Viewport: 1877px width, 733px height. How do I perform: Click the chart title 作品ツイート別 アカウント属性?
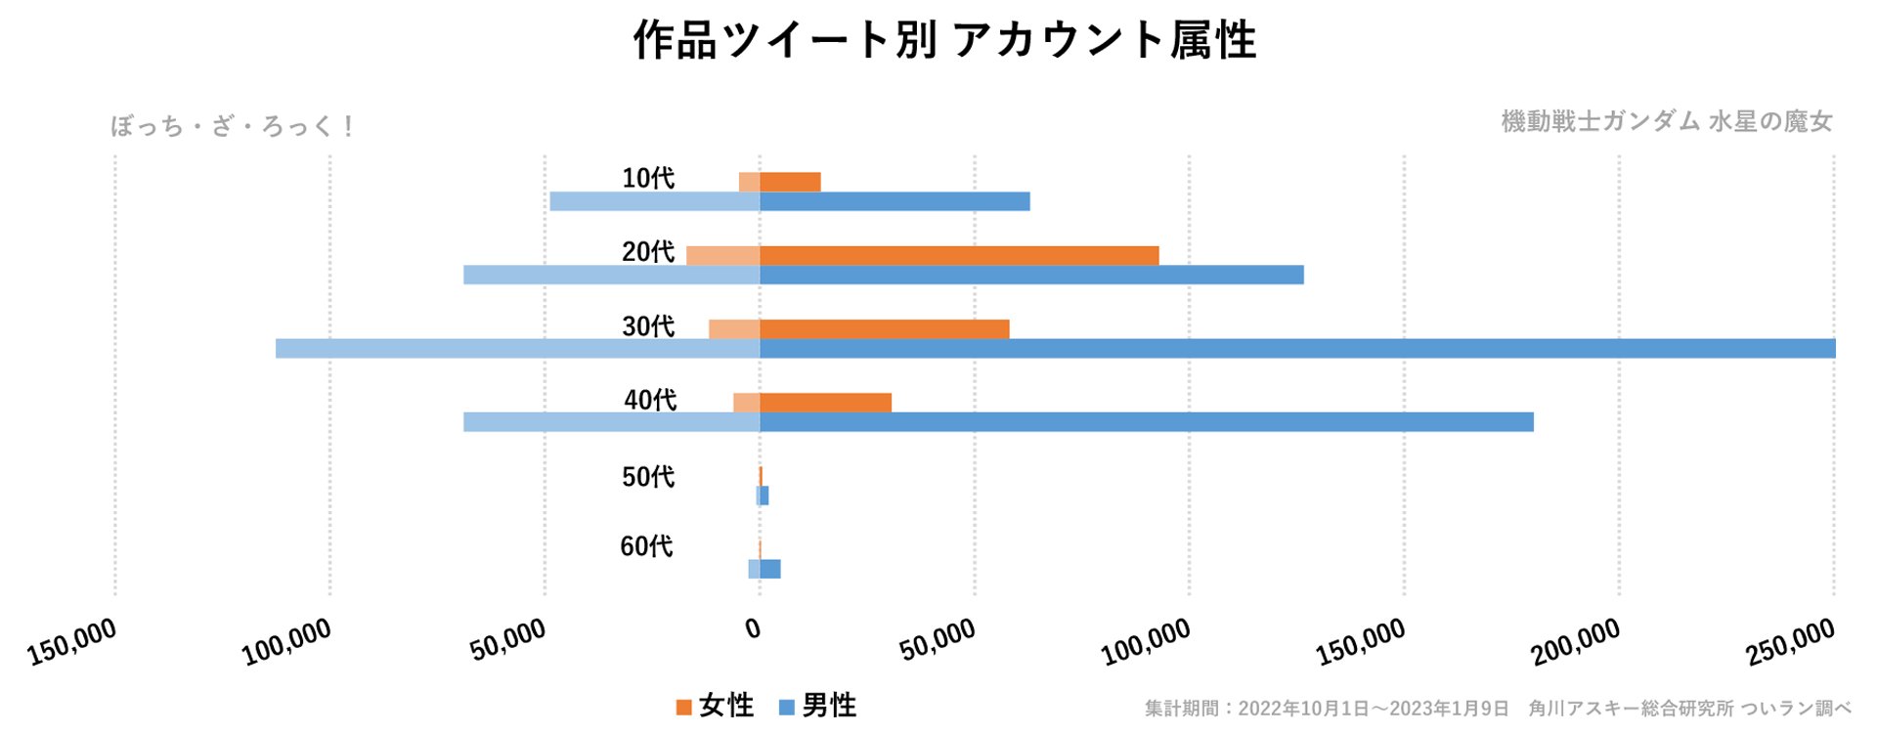pos(944,41)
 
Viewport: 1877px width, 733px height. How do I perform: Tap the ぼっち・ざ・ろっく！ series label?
pos(233,126)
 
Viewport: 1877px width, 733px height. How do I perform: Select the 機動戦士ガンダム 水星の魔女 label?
pos(1666,121)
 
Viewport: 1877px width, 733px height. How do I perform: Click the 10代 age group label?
pos(648,178)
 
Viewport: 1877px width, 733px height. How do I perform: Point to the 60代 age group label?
pos(647,546)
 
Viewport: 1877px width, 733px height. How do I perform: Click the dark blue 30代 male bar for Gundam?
pos(1297,349)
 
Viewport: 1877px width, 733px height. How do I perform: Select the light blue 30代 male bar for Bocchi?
pos(517,349)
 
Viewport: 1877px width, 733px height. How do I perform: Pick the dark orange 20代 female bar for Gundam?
pos(959,256)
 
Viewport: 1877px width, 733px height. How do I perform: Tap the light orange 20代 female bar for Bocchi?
pos(722,256)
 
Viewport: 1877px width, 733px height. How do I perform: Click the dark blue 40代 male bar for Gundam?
pos(1146,422)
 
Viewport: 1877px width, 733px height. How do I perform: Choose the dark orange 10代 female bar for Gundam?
pos(790,182)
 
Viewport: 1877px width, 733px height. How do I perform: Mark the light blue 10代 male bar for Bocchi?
pos(655,201)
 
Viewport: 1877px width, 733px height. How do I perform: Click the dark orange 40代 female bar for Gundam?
pos(825,403)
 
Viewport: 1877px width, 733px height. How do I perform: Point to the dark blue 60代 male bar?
pos(770,569)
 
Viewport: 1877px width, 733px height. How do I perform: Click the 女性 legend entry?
pos(716,706)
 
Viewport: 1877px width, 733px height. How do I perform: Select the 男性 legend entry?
pos(818,706)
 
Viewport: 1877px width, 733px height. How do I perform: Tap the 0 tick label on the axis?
pos(753,629)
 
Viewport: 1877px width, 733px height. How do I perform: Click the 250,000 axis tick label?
pos(1791,643)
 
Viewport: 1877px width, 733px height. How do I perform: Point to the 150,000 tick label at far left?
pos(72,642)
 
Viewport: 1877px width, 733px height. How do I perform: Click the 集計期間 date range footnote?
pos(1327,709)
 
